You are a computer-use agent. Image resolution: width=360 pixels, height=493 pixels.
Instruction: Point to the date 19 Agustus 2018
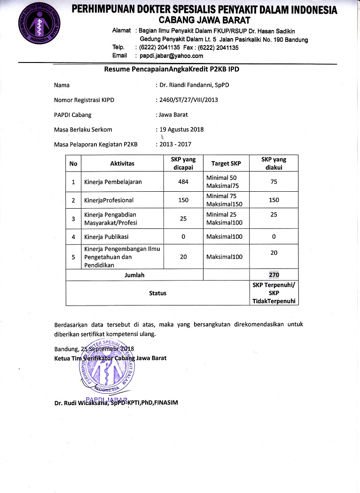click(181, 129)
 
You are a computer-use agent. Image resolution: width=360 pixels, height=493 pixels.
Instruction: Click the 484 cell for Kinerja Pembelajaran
click(183, 182)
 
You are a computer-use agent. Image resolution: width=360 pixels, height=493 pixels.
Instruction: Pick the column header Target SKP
click(226, 164)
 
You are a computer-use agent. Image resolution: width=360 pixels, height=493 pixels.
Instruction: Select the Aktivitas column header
click(122, 164)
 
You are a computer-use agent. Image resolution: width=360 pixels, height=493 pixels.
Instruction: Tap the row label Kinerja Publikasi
click(106, 236)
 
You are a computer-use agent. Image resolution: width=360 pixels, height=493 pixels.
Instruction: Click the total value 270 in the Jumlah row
click(274, 275)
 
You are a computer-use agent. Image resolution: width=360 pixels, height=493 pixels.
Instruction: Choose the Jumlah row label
click(134, 275)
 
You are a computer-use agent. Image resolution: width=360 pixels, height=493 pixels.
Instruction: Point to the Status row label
click(158, 293)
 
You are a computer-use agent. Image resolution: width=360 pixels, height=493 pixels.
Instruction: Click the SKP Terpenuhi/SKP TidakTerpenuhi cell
click(274, 293)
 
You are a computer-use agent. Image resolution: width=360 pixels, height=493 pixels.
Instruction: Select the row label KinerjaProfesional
click(109, 200)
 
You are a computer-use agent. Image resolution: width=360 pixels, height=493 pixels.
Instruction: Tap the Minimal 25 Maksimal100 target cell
click(224, 218)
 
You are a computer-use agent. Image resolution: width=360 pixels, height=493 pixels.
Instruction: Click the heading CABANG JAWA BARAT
click(204, 20)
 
